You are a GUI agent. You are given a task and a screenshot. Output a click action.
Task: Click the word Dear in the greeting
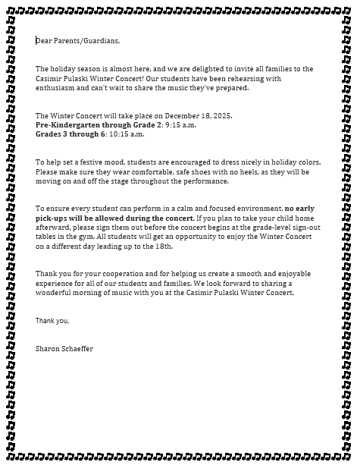tap(43, 41)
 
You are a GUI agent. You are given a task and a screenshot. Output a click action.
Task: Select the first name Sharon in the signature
tap(47, 349)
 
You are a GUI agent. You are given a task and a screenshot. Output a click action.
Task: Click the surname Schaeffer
tap(78, 349)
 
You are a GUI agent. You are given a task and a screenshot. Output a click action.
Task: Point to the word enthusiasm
tap(57, 87)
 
